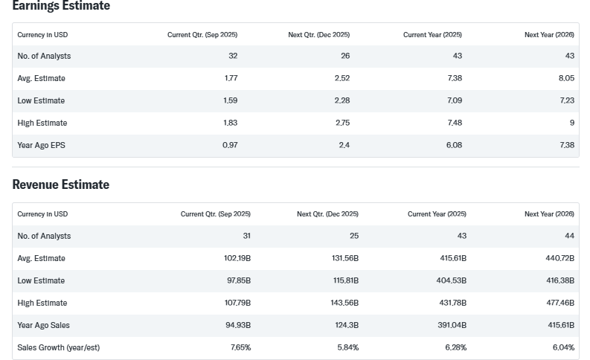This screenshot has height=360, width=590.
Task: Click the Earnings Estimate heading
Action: (61, 6)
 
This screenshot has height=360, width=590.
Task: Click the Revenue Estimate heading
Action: (61, 184)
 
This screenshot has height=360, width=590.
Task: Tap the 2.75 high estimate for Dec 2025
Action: (342, 123)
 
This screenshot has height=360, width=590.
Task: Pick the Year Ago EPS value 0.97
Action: (230, 145)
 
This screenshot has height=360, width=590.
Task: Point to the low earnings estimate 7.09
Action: (454, 100)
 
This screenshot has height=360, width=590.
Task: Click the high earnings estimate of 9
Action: (571, 123)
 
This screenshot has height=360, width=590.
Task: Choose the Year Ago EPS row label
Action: (42, 145)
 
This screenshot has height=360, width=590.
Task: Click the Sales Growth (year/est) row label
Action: (59, 347)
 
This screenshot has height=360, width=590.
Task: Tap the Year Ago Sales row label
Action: (44, 325)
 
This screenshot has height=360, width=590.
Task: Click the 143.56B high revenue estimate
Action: (343, 303)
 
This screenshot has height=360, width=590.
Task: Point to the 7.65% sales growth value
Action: (240, 347)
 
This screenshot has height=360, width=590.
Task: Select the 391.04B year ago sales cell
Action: (452, 325)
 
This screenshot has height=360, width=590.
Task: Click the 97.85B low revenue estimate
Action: (237, 280)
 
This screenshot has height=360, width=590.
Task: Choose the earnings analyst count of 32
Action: (233, 56)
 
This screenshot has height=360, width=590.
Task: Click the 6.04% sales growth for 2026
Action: (563, 347)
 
